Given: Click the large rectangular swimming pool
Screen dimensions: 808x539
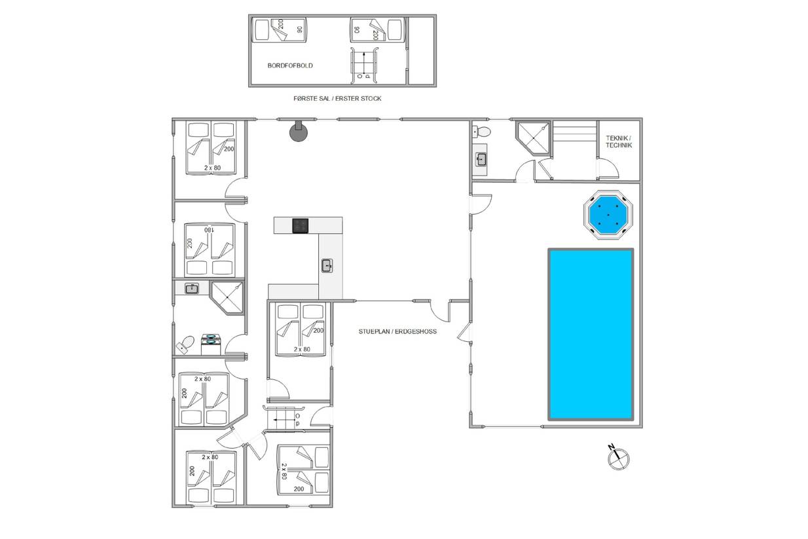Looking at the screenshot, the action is click(x=591, y=334).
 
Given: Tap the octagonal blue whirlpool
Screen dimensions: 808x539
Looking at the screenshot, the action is click(x=608, y=215).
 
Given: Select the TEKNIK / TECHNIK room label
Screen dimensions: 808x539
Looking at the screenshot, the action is click(x=619, y=141).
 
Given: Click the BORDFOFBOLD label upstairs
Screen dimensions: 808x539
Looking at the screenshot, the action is click(x=290, y=65).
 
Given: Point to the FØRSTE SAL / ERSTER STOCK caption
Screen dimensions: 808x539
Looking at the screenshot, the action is click(x=337, y=98).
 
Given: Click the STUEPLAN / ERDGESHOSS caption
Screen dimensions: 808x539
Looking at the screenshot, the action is click(x=397, y=331).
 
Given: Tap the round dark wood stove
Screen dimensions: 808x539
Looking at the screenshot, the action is click(x=299, y=130).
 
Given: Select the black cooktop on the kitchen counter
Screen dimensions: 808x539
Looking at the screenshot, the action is click(x=300, y=226).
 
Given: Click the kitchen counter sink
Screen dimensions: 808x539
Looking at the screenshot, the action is click(x=327, y=266).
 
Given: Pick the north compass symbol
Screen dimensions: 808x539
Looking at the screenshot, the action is click(x=618, y=458).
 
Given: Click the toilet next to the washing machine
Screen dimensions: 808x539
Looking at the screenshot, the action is click(x=185, y=345).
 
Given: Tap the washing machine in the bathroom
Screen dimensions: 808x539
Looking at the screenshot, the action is click(x=211, y=344).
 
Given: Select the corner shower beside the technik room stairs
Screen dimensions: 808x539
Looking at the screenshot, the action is click(x=533, y=138).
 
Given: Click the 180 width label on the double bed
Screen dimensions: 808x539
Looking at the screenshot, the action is click(x=210, y=230).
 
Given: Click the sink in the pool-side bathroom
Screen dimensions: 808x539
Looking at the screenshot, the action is click(x=481, y=159).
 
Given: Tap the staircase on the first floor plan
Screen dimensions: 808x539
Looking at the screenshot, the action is click(x=364, y=65).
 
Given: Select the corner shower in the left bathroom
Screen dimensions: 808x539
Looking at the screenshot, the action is click(x=227, y=297).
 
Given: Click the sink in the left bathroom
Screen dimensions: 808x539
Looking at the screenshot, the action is click(x=192, y=289).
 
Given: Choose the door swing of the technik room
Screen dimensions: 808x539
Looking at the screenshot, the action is click(x=608, y=169).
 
